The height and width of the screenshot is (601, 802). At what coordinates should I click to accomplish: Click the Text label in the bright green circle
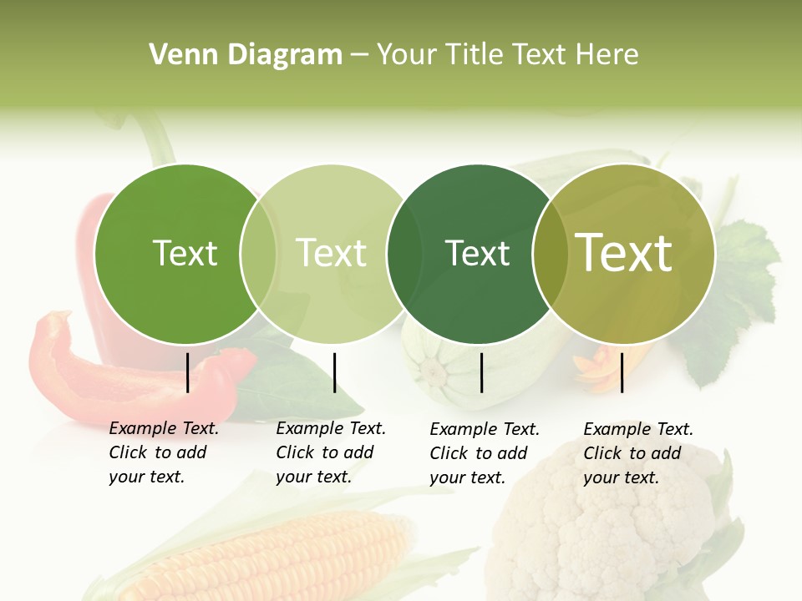[x=185, y=253]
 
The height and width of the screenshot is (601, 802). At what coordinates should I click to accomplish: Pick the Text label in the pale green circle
[x=331, y=253]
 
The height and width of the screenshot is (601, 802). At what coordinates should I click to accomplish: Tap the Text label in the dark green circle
[x=478, y=253]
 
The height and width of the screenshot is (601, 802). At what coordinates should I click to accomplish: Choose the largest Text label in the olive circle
[x=624, y=252]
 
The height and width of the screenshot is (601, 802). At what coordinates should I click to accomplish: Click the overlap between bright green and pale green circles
[x=259, y=254]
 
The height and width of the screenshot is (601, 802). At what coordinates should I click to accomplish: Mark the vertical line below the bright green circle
[x=188, y=372]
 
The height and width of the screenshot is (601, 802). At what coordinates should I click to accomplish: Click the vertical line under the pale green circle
[x=334, y=372]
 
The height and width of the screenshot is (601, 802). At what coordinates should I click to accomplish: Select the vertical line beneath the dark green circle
[x=482, y=372]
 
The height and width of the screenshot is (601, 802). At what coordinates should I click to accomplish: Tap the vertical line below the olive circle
[x=622, y=372]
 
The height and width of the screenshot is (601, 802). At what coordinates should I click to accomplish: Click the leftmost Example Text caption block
[x=163, y=452]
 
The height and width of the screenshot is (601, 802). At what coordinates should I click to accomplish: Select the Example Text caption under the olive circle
[x=637, y=453]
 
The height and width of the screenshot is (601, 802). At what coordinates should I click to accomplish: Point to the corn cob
[x=276, y=555]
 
